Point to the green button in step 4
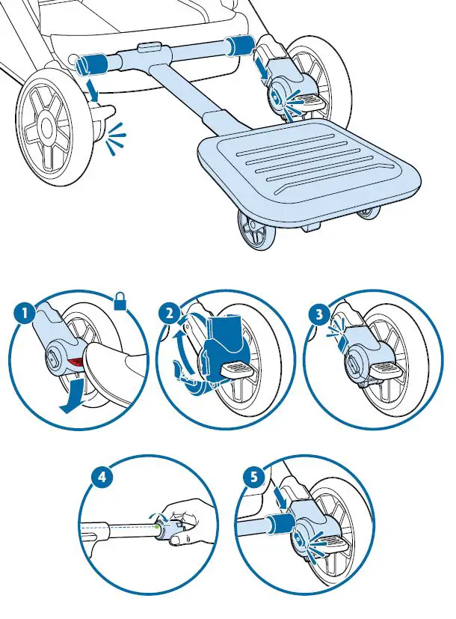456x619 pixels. point(158,526)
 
